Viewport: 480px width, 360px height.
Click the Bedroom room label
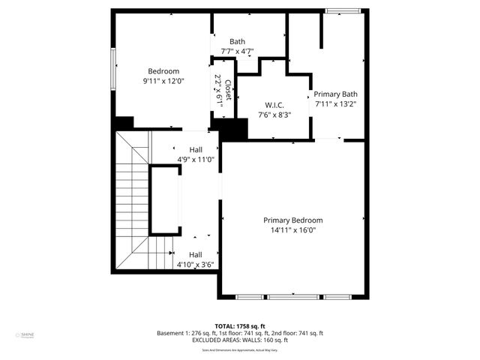(163, 71)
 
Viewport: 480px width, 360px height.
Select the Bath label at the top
(237, 42)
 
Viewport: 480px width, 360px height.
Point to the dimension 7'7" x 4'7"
(237, 52)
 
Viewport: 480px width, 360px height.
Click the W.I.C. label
(274, 105)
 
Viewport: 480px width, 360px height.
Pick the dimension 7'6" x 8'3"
(274, 115)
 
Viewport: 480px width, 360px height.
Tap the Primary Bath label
(335, 94)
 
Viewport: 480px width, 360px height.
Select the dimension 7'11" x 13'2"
(335, 104)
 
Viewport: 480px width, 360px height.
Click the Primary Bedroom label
(292, 220)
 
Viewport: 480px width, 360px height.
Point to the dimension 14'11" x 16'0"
(292, 230)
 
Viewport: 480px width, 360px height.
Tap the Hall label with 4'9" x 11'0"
(195, 149)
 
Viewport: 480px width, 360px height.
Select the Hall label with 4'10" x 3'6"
(195, 254)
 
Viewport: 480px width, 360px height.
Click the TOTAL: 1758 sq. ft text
(239, 326)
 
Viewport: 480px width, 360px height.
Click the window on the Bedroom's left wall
(113, 72)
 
